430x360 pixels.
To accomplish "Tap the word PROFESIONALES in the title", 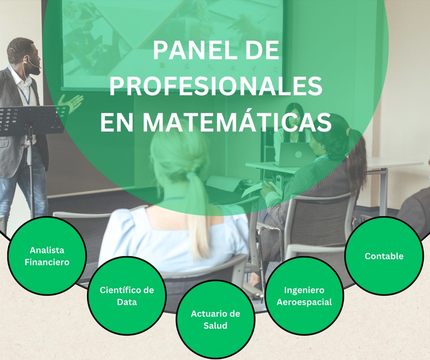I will (x=216, y=86).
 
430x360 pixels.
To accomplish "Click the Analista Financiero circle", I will (x=47, y=256).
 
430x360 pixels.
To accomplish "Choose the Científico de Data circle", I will (x=126, y=295).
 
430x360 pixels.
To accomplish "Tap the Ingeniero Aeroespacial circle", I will (x=304, y=295).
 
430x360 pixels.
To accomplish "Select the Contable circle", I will (x=384, y=256).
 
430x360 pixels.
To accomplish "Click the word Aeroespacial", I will (x=304, y=302).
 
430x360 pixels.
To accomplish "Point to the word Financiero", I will (x=47, y=262).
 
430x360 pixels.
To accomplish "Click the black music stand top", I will (x=32, y=119).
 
